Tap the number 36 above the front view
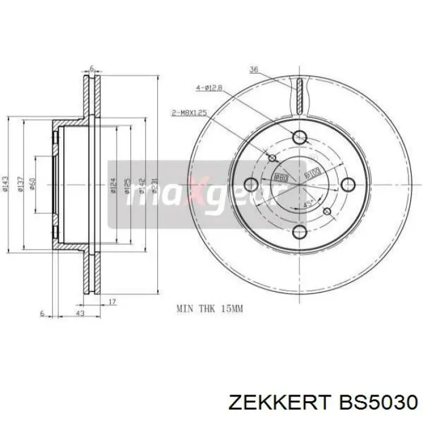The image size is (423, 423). [x=254, y=70]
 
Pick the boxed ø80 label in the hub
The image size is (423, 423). [x=280, y=176]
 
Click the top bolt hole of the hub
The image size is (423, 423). [x=300, y=138]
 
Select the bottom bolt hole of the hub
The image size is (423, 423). [x=300, y=231]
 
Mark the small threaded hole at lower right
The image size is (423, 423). [x=328, y=211]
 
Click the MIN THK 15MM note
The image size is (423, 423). [x=209, y=309]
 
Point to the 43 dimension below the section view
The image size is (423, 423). [x=79, y=314]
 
